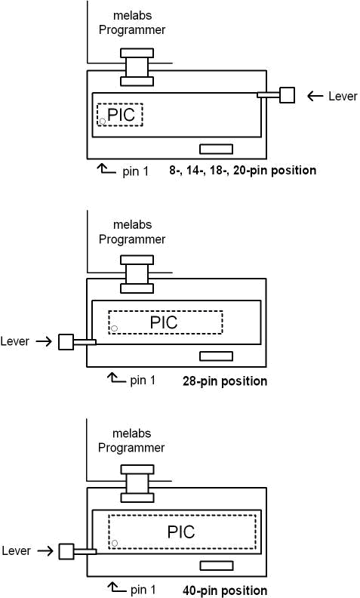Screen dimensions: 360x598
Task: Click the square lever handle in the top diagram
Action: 287,95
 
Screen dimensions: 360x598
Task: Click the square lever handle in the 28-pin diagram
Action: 66,342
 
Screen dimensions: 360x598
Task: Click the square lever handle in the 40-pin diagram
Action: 66,551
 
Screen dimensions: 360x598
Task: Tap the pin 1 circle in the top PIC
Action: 103,122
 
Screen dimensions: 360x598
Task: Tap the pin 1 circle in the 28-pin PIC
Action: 114,328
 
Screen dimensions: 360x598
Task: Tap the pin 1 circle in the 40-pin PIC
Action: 115,543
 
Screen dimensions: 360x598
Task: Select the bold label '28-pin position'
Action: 225,381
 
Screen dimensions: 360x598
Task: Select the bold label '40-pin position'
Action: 225,590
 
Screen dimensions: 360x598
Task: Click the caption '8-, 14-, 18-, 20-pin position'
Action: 242,170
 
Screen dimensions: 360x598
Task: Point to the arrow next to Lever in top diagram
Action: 315,96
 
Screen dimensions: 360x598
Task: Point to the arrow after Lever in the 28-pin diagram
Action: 44,341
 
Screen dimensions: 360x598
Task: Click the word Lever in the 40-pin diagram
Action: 16,550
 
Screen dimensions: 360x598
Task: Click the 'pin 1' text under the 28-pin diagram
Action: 143,381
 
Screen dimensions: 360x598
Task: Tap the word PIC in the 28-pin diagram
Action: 164,322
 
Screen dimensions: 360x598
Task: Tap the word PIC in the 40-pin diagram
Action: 181,532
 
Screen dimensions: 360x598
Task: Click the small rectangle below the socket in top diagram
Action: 217,149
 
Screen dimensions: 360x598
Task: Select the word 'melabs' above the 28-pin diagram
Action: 132,225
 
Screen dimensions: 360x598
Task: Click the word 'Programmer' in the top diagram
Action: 132,30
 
